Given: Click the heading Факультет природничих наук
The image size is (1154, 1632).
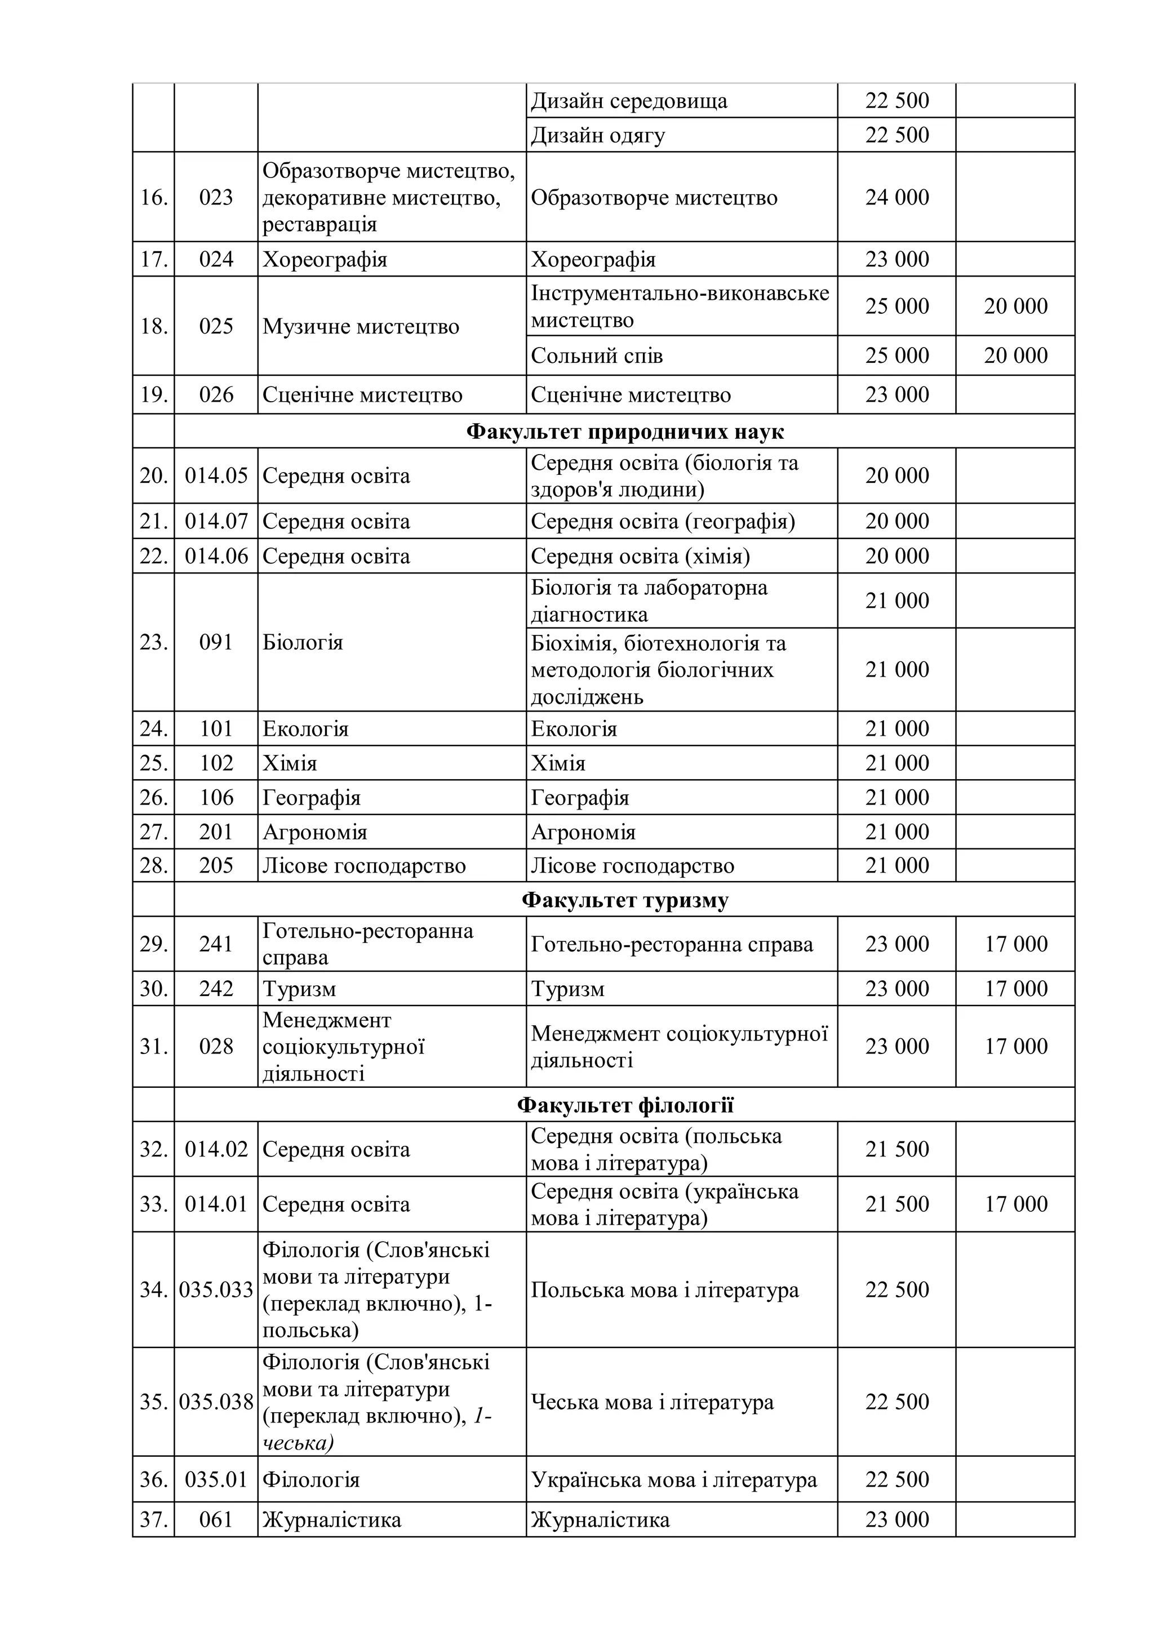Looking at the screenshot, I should coord(624,432).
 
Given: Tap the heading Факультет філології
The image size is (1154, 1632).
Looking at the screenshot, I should coord(624,1105).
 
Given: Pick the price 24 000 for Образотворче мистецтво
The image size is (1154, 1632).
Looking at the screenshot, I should coord(896,197).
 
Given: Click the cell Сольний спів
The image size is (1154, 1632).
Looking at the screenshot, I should coord(597,355).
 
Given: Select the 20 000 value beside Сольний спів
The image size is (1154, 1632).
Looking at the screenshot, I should coord(1015,355).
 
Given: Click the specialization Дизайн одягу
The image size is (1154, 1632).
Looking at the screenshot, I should coord(598,135).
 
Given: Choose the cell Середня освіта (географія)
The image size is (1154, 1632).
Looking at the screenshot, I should coord(663,521).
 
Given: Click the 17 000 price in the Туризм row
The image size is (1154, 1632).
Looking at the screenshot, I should coord(1015,988).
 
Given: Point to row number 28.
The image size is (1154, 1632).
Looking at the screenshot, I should coord(154,865).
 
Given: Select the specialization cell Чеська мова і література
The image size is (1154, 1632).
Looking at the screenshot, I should coord(652,1402).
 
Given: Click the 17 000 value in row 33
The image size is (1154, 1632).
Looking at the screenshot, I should coord(1015,1203).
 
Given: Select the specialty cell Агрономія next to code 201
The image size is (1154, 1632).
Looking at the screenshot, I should coord(314,831).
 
